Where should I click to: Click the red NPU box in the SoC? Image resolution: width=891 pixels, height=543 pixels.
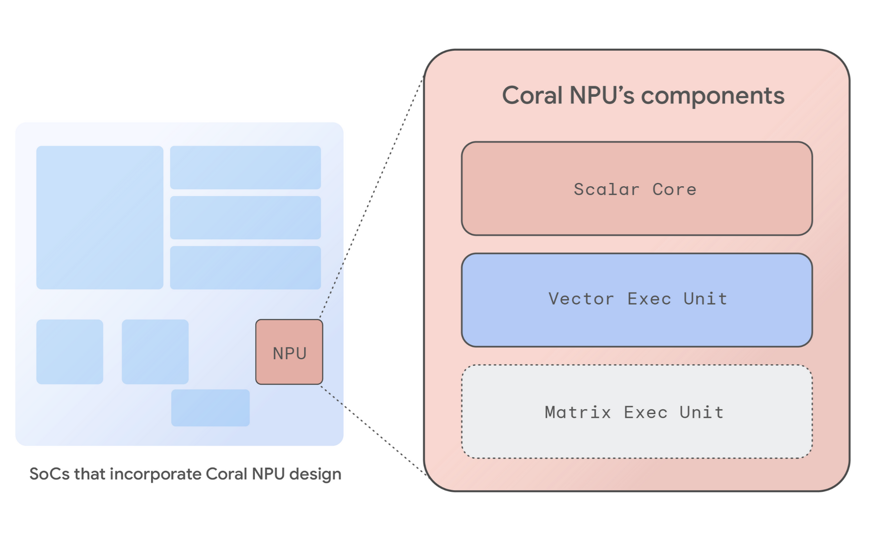(289, 352)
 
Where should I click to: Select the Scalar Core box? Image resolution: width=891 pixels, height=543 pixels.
(636, 189)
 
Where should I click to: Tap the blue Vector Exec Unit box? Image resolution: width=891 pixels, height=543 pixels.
(636, 300)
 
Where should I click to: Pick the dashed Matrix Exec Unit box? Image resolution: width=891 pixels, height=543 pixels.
(636, 412)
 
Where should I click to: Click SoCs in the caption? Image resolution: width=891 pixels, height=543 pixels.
(49, 474)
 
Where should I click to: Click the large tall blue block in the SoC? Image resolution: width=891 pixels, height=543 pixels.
(99, 217)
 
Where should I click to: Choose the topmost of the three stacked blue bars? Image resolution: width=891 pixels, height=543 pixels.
(245, 167)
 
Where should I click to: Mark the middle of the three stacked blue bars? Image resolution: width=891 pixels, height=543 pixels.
(245, 217)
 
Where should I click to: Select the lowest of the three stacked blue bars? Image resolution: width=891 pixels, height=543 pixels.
(245, 267)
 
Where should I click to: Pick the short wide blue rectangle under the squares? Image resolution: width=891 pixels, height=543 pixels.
(210, 408)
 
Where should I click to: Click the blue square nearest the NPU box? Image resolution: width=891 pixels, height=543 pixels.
(155, 352)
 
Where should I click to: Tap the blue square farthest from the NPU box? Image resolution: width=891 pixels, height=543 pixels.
(70, 352)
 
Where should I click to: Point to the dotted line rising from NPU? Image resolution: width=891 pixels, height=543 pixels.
(371, 196)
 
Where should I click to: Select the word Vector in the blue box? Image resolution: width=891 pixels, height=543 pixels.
(581, 299)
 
